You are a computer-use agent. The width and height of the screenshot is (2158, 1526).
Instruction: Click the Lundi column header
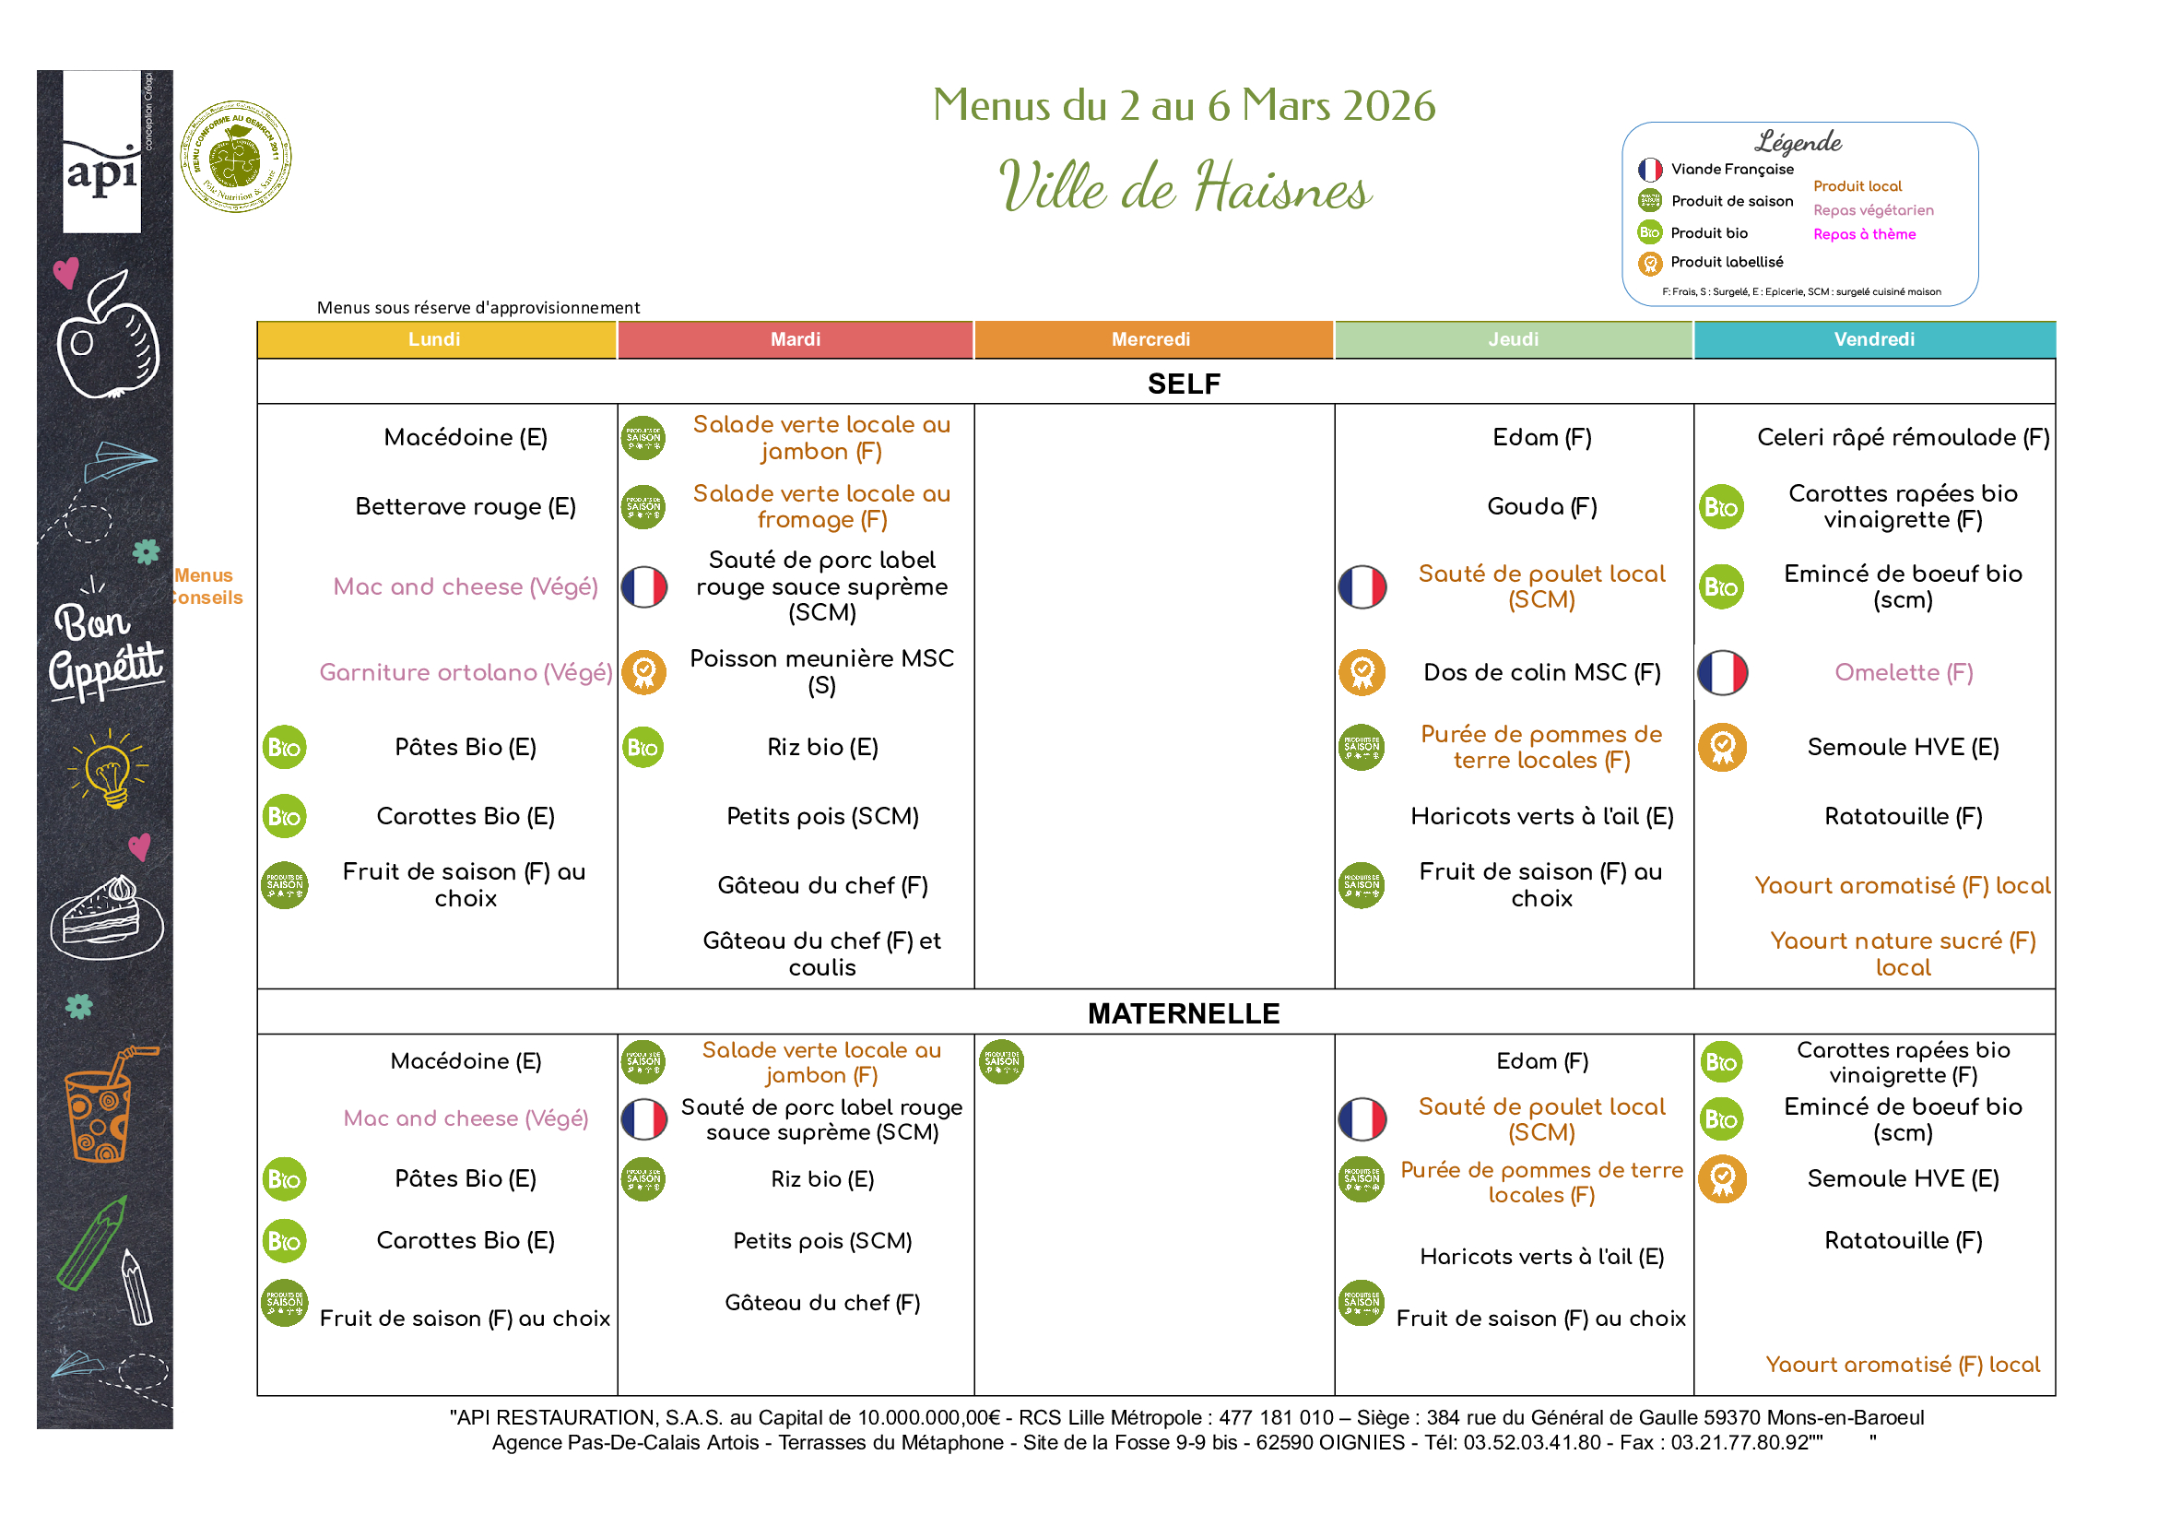pos(434,339)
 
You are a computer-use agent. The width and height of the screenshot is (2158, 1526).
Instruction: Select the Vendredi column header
pos(1874,339)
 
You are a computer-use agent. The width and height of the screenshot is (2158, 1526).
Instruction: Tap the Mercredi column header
pos(1151,339)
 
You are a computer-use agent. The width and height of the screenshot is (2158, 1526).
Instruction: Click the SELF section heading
pos(1184,384)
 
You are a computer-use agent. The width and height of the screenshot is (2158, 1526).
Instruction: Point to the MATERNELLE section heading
pos(1184,1013)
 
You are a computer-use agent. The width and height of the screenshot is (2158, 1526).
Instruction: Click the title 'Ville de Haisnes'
pos(1185,186)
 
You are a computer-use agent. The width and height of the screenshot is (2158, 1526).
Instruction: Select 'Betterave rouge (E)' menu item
pos(466,507)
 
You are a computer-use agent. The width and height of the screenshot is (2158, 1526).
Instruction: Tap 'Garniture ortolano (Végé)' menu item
pos(466,672)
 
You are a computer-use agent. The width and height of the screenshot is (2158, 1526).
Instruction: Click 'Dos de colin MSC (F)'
pos(1541,672)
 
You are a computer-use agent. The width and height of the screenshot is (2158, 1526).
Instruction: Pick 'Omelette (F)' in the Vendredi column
pos(1904,672)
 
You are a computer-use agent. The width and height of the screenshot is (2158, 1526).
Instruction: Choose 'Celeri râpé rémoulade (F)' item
pos(1904,437)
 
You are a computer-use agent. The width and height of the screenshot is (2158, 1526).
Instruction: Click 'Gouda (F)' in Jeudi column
pos(1541,507)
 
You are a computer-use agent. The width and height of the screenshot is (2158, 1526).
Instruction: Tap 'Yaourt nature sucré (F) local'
pos(1904,953)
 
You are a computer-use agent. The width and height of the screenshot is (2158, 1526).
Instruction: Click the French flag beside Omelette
pos(1722,672)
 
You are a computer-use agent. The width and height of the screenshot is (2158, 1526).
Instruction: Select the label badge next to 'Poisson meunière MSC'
pos(643,672)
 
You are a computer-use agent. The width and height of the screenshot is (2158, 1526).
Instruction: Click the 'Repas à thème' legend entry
pos(1864,234)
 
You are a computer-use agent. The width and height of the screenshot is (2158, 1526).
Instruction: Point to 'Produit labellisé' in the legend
pos(1726,263)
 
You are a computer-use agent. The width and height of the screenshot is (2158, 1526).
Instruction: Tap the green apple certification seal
pos(235,157)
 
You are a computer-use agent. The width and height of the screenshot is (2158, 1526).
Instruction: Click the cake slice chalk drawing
pos(107,917)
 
